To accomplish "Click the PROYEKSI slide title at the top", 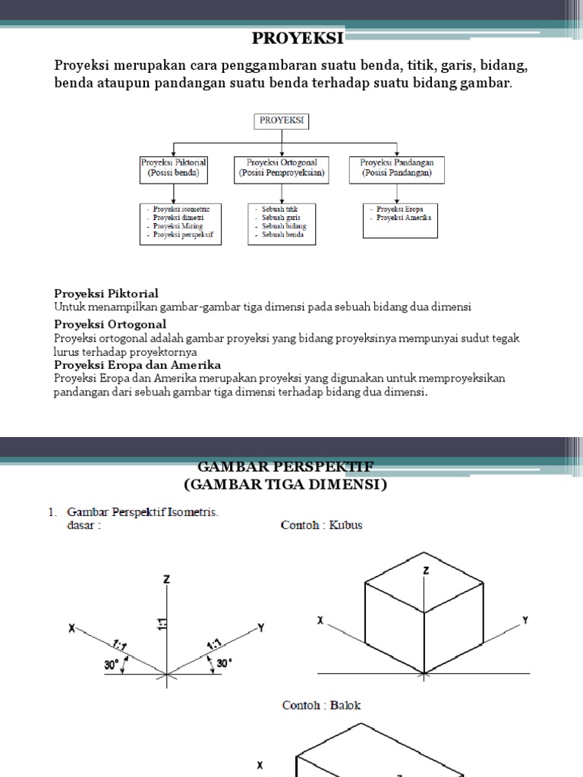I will (x=298, y=38).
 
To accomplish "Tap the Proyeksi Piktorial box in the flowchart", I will (x=174, y=168).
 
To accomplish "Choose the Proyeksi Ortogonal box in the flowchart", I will (x=282, y=168).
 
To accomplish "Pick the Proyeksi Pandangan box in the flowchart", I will (x=396, y=168).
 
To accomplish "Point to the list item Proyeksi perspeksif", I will (x=183, y=235).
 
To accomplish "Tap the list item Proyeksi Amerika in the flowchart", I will (x=403, y=218).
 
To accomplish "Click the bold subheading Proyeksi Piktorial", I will (x=106, y=294).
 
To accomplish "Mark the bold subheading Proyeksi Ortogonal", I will (x=110, y=324).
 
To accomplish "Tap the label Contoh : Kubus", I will (x=321, y=525).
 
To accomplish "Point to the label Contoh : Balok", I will (x=321, y=705).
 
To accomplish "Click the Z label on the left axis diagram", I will (x=166, y=580).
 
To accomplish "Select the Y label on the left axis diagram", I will (x=260, y=628).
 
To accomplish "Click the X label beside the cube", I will (x=320, y=621).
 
